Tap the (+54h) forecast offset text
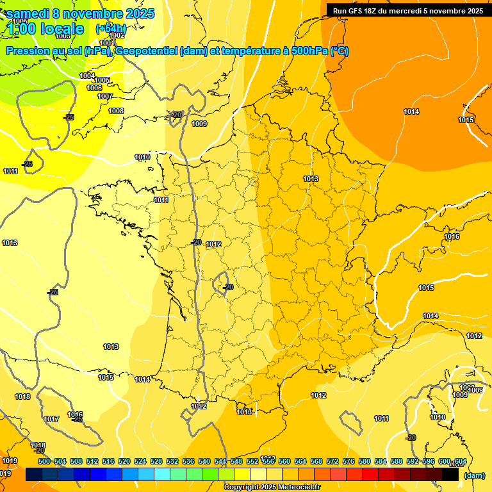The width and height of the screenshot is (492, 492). coord(111,29)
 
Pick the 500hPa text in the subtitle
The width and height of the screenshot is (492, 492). coord(307,51)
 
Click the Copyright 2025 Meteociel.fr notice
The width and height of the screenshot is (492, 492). coord(272,488)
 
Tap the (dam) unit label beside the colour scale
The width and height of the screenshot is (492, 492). coord(474,475)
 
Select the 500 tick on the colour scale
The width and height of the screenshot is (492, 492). coord(44,461)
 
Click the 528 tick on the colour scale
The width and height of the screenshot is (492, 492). coord(156,461)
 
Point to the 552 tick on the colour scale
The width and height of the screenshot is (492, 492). coord(252,461)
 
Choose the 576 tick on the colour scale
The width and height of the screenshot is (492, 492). coord(348,461)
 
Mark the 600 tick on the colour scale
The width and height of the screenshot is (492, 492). coord(445,461)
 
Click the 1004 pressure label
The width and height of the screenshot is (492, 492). coord(87,76)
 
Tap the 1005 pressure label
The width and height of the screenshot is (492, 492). coord(102,80)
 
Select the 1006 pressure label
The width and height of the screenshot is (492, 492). coord(94,88)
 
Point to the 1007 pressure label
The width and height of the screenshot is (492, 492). coord(105,96)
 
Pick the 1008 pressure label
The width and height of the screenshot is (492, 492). coord(116,111)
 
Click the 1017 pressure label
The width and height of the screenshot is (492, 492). coord(52,419)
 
